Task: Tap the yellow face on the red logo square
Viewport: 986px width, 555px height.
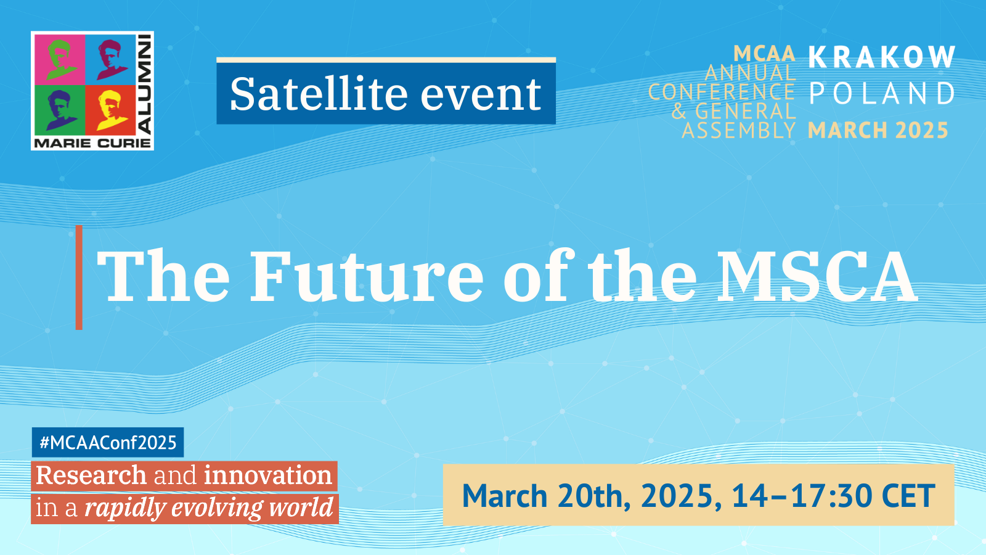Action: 110,110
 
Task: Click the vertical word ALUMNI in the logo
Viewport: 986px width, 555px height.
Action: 145,84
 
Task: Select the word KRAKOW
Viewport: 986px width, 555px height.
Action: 882,57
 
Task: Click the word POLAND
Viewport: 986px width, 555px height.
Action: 882,93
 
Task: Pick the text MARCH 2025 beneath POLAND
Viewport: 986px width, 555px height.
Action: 878,130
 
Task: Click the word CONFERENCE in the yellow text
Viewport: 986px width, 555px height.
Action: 722,92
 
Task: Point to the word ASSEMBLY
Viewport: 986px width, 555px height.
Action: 739,130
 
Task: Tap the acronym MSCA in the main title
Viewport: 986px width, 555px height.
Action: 817,276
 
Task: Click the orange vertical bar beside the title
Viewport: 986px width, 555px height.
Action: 79,277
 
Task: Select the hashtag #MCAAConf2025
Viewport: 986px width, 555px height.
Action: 108,442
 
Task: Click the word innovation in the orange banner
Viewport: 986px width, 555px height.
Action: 268,475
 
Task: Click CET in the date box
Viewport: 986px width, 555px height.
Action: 909,496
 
